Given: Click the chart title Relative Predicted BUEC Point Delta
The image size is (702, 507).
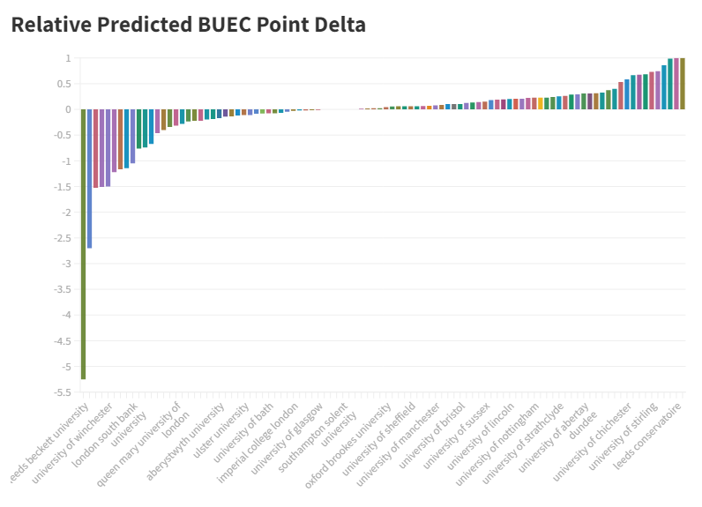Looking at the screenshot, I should [x=188, y=25].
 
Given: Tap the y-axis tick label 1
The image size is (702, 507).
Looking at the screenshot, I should [x=67, y=58].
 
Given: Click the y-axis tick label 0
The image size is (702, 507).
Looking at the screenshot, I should [x=67, y=109].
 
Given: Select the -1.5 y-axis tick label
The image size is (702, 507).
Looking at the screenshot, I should [x=63, y=187].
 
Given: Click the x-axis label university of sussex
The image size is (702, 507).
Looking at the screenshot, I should [x=458, y=436].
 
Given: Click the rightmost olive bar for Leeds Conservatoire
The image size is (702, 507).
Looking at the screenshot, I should [x=682, y=84].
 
